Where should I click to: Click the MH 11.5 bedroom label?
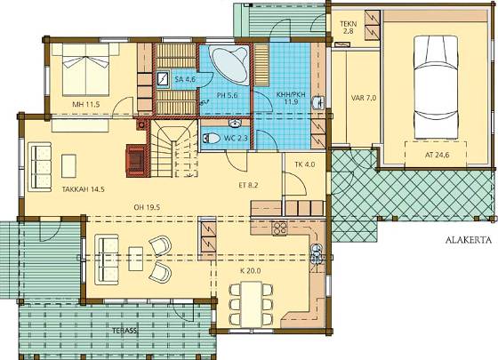(86, 104)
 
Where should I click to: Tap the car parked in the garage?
(436, 88)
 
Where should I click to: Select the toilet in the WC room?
(212, 138)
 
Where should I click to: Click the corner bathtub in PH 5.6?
(231, 66)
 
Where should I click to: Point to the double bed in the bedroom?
(86, 69)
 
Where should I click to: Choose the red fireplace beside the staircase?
(137, 161)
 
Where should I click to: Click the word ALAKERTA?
(469, 240)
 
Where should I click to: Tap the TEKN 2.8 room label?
(349, 28)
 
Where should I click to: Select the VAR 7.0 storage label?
(364, 98)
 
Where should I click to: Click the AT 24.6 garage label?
(437, 156)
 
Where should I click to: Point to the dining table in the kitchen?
(251, 304)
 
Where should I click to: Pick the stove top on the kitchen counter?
(279, 228)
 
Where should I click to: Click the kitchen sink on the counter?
(316, 253)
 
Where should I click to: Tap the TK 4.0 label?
(305, 164)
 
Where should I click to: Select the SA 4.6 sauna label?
(185, 79)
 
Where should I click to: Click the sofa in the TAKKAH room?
(40, 167)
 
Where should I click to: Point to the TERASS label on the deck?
(124, 331)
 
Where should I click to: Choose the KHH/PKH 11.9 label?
(291, 99)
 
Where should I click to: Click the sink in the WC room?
(236, 124)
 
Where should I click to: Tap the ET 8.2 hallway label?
(248, 185)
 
